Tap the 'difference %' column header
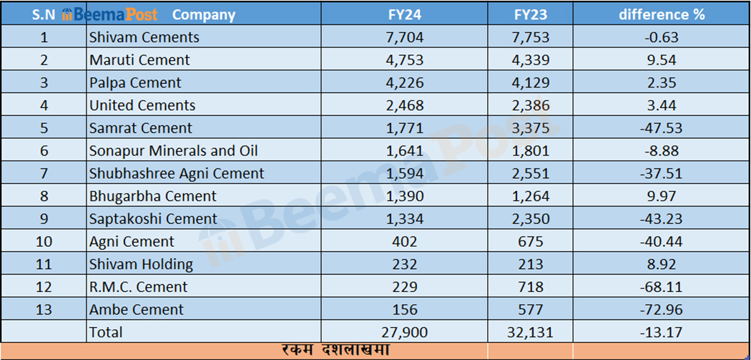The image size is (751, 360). [x=661, y=14]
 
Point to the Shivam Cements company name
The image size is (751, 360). [x=144, y=37]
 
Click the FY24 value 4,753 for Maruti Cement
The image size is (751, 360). [x=409, y=60]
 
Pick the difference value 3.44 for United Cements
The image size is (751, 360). [x=661, y=106]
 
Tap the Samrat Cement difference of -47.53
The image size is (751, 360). [x=661, y=129]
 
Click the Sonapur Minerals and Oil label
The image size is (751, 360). [x=173, y=151]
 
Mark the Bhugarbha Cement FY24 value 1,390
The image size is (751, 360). [x=409, y=196]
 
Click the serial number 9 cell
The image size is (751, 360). [x=44, y=219]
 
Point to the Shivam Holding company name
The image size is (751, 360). [x=141, y=265]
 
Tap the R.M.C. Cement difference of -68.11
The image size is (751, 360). [x=661, y=287]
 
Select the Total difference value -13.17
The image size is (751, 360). [x=661, y=332]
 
